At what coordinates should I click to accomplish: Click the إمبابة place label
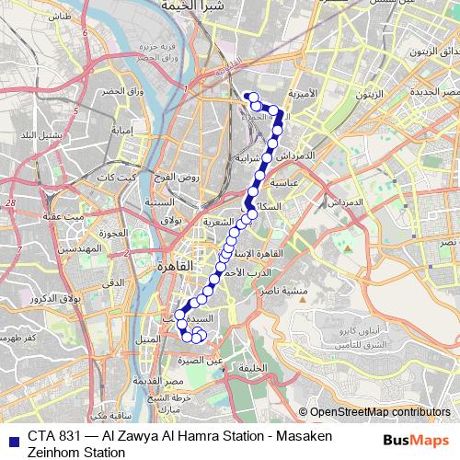click(123, 130)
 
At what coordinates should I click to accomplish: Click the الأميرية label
click(301, 95)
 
